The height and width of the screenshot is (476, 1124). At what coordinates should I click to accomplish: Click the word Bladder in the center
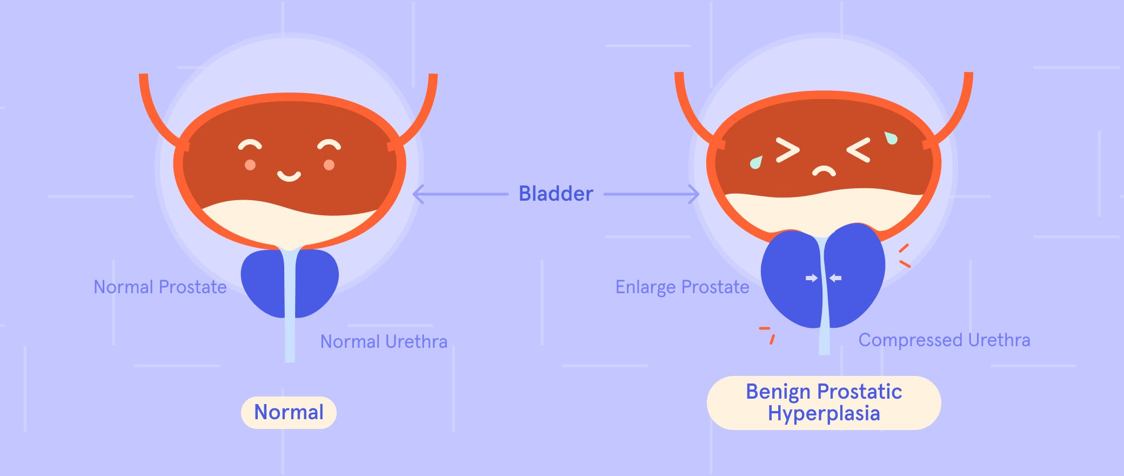pyautogui.click(x=556, y=194)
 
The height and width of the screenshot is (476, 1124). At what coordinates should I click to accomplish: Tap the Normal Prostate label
pyautogui.click(x=160, y=287)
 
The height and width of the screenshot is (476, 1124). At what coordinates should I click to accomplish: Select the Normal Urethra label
pyautogui.click(x=384, y=341)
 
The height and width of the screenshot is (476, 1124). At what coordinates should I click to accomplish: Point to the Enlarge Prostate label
pyautogui.click(x=682, y=287)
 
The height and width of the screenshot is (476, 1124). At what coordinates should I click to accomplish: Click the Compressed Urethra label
pyautogui.click(x=944, y=340)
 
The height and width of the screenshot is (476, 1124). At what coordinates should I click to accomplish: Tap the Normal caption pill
pyautogui.click(x=289, y=412)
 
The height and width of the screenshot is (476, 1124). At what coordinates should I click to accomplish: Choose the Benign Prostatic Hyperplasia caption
pyautogui.click(x=824, y=402)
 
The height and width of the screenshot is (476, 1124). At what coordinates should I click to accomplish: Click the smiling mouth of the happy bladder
pyautogui.click(x=289, y=176)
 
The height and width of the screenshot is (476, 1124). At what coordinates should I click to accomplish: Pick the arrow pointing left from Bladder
pyautogui.click(x=460, y=194)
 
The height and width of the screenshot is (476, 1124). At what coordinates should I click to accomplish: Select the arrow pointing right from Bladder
pyautogui.click(x=652, y=194)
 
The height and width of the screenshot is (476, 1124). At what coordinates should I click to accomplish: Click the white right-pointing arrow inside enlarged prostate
pyautogui.click(x=812, y=278)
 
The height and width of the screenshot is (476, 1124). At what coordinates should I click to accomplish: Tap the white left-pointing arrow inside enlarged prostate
pyautogui.click(x=835, y=278)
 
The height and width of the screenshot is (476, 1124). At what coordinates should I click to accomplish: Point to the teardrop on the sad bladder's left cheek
pyautogui.click(x=756, y=162)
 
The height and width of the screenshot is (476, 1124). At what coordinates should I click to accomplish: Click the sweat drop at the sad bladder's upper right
pyautogui.click(x=891, y=138)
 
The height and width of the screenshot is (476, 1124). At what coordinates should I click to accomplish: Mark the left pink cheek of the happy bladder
pyautogui.click(x=250, y=165)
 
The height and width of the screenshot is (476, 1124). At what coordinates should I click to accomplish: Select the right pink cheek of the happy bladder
pyautogui.click(x=329, y=165)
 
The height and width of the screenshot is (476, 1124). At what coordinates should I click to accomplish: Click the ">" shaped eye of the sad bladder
pyautogui.click(x=788, y=150)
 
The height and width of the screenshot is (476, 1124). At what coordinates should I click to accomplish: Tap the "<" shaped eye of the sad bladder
pyautogui.click(x=859, y=150)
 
